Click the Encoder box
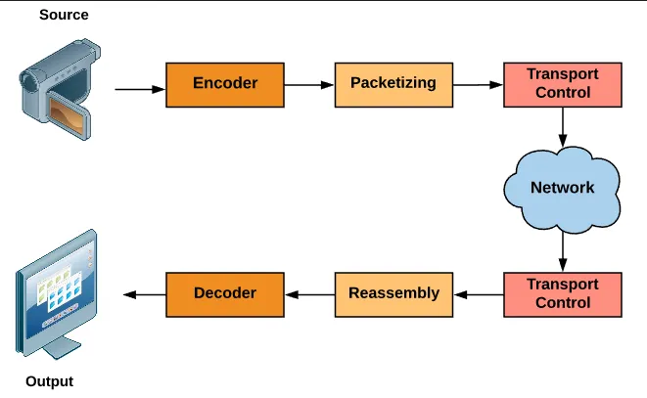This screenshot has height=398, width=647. tap(225, 84)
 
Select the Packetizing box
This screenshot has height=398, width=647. tap(393, 84)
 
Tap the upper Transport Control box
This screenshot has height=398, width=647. tap(563, 84)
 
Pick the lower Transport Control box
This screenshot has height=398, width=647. tap(563, 293)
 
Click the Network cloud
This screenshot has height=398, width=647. tap(562, 187)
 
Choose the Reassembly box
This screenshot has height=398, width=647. tap(393, 293)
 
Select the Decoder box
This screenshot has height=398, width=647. tap(225, 293)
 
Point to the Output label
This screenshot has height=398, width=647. tap(49, 381)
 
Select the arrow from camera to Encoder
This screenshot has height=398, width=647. tap(140, 90)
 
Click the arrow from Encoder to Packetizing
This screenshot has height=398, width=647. tap(309, 85)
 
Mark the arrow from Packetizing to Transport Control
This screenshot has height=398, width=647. tap(478, 85)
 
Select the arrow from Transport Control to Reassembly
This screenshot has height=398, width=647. tap(479, 293)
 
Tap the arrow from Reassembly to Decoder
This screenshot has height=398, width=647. tap(309, 293)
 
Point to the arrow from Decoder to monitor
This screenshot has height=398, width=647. tap(143, 293)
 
